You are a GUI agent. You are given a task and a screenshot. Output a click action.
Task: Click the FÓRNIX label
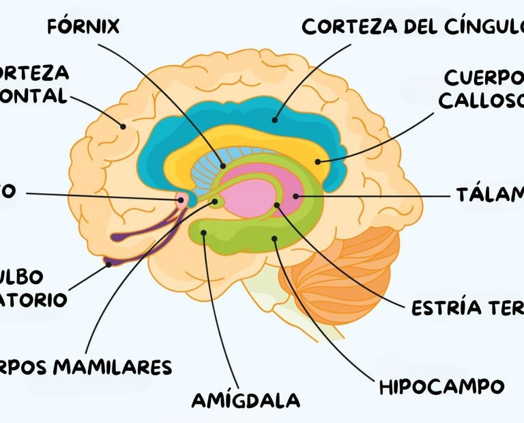tap(83, 27)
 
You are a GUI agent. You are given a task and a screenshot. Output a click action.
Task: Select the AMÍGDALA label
tap(245, 400)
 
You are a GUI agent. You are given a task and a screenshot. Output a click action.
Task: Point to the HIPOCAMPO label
tap(441, 386)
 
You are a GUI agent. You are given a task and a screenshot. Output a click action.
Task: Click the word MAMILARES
tap(113, 367)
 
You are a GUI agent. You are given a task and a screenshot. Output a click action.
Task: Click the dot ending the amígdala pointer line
tap(204, 233)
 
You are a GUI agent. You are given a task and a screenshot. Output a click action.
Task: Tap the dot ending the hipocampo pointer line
tap(274, 238)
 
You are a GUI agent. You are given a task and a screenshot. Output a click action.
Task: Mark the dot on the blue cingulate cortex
tap(275, 120)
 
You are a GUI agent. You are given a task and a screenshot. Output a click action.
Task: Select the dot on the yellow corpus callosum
tap(318, 161)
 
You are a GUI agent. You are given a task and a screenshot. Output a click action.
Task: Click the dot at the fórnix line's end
tap(223, 165)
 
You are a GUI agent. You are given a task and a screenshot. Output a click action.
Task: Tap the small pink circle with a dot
tap(182, 200)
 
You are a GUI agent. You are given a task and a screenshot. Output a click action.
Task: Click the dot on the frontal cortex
tap(123, 125)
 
